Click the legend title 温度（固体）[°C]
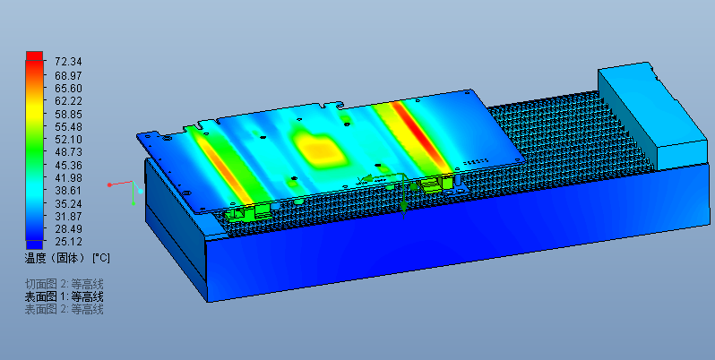[x=67, y=258]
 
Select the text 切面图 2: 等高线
[x=64, y=285]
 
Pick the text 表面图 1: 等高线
[x=64, y=297]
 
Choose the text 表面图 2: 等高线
[x=64, y=310]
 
